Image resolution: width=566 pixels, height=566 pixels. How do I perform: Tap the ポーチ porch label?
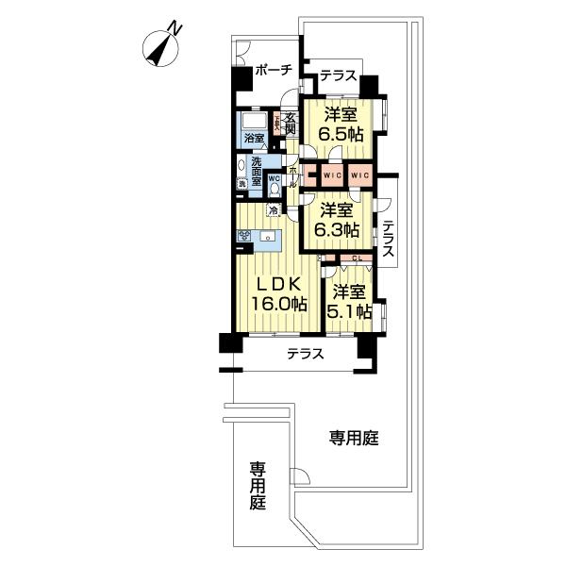tap(274, 71)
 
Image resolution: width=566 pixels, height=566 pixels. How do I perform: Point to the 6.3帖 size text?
tap(337, 229)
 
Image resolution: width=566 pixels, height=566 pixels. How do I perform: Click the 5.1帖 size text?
tap(350, 311)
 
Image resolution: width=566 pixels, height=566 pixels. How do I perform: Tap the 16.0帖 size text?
tap(278, 304)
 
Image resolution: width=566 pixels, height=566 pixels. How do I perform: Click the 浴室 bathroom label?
tap(254, 139)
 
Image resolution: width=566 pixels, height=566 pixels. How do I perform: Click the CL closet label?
tap(357, 258)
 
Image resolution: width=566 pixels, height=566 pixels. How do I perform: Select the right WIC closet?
tap(359, 175)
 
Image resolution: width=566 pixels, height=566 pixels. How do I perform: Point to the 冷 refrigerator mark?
tap(274, 209)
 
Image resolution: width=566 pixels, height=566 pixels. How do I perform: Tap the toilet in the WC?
tap(274, 186)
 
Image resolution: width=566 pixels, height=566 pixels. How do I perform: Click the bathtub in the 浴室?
tap(255, 124)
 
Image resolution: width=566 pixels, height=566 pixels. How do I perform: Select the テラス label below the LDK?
tap(306, 355)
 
